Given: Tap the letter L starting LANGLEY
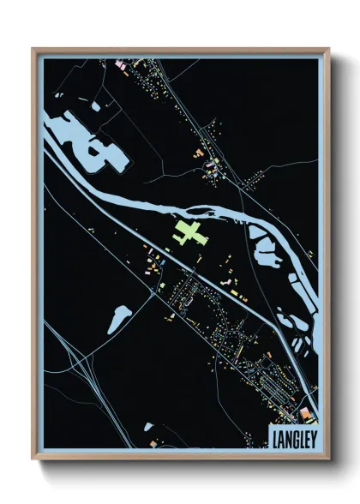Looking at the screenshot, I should (274, 438).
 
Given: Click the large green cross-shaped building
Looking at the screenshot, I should (191, 232).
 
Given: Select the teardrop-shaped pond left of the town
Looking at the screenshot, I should (119, 318).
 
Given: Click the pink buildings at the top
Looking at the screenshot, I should (121, 64).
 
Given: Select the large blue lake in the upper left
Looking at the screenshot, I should (86, 141).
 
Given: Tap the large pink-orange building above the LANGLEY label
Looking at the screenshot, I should (308, 412).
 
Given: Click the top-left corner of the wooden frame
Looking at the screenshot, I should (33, 49).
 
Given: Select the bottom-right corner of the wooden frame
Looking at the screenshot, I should (328, 459).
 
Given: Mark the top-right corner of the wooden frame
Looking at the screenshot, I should (328, 49).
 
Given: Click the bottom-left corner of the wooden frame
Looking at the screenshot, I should (33, 459).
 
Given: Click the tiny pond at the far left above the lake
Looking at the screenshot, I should (54, 108).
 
